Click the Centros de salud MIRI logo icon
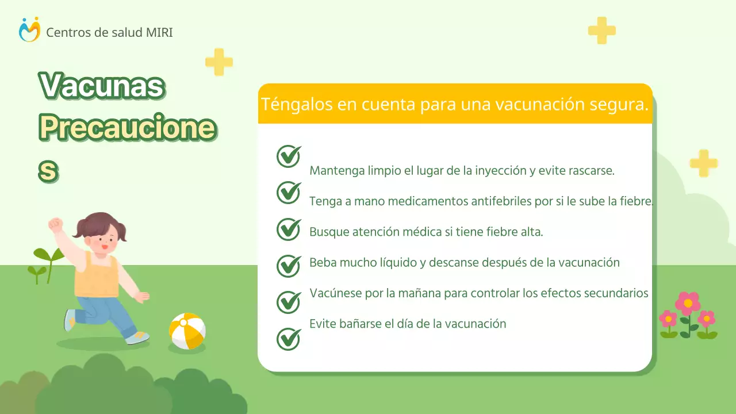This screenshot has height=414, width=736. [29, 30]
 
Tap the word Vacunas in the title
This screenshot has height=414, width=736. [102, 86]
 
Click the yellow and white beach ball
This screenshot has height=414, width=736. [187, 331]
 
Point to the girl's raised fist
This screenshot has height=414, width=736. [56, 224]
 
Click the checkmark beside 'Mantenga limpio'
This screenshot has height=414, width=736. [289, 156]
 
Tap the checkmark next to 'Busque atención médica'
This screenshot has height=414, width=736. [289, 229]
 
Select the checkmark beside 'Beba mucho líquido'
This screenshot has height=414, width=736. [289, 266]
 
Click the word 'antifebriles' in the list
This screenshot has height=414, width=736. [505, 201]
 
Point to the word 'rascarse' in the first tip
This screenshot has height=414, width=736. [591, 171]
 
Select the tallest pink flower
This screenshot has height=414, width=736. [688, 303]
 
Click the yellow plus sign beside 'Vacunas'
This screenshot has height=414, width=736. [219, 62]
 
